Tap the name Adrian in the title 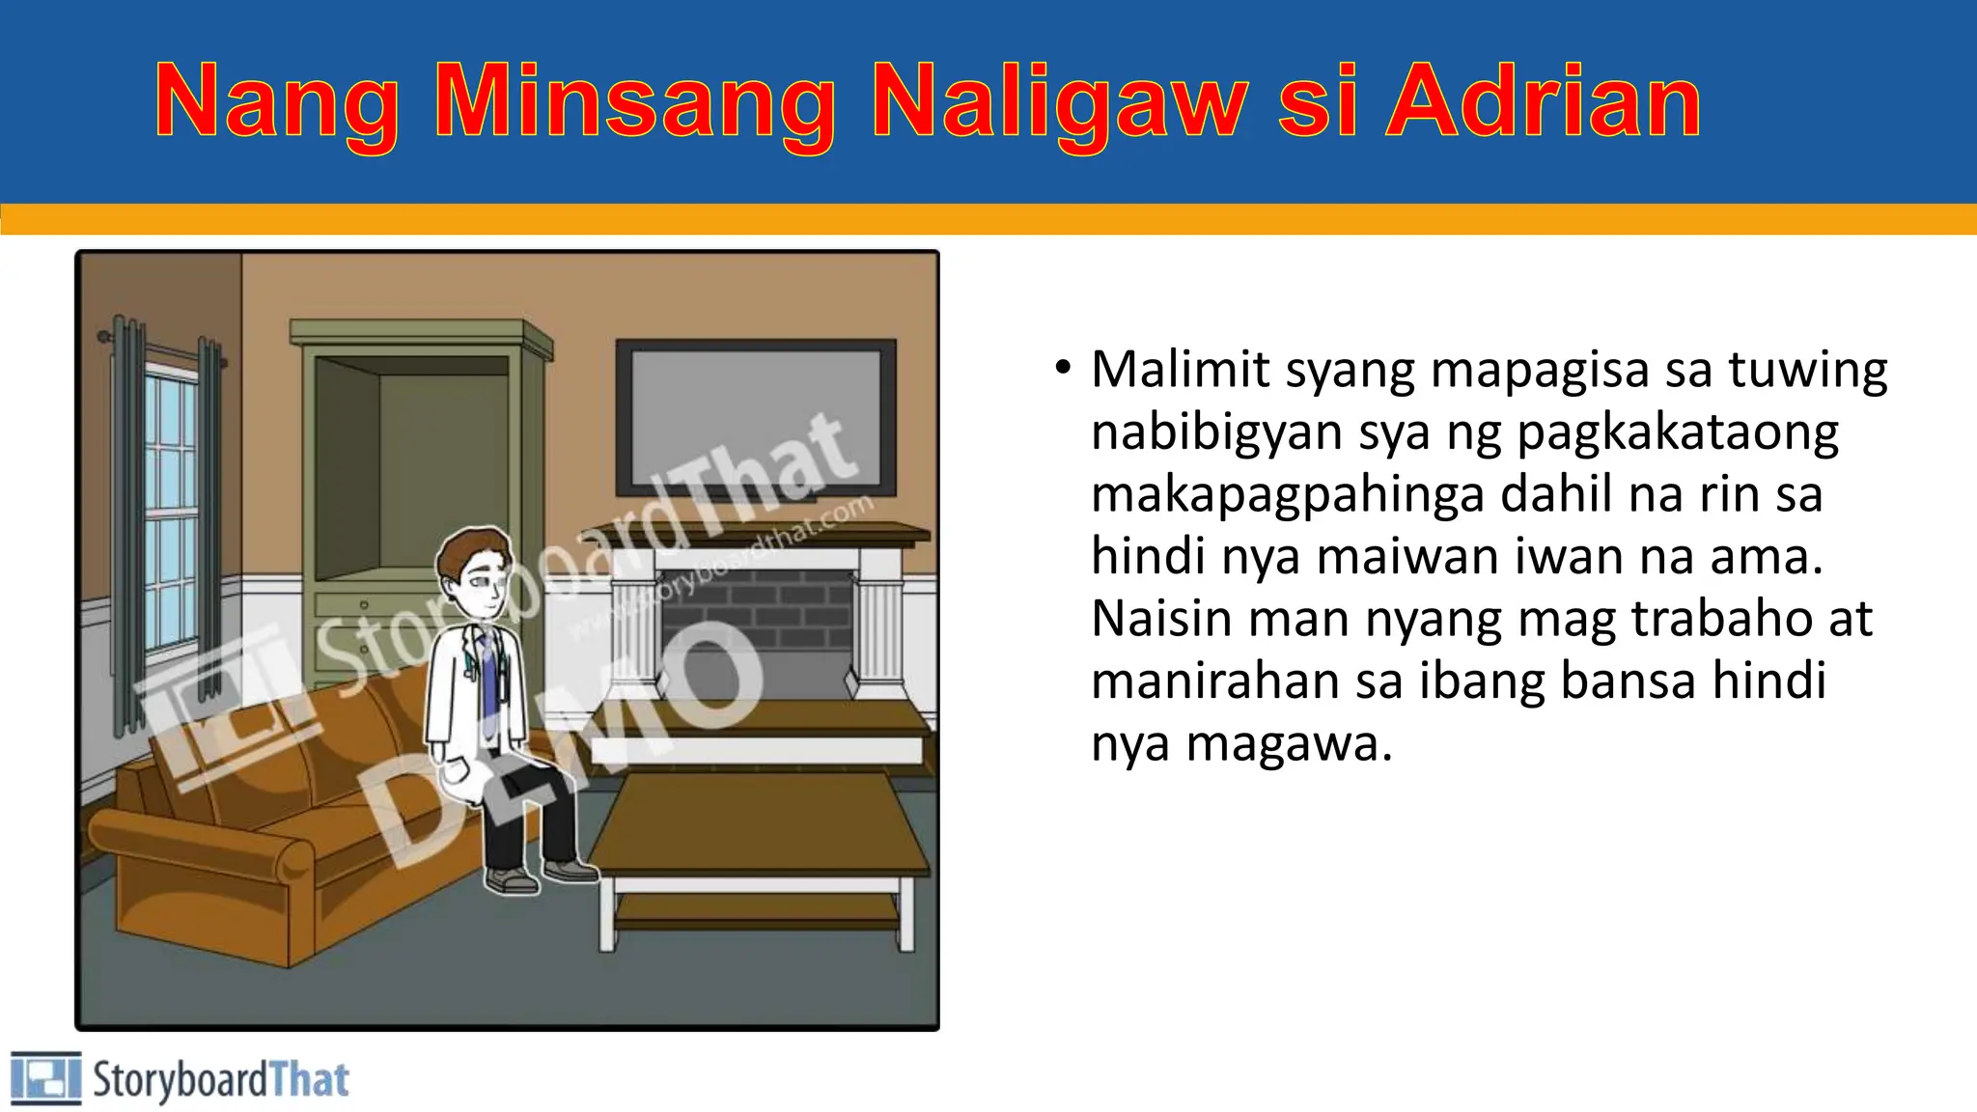tap(1544, 102)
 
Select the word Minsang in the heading tap(635, 102)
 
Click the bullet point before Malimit tap(1063, 368)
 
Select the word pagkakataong tap(1678, 432)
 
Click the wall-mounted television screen tap(756, 415)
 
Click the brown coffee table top tap(758, 820)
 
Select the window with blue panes tap(170, 512)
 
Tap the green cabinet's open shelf tap(415, 463)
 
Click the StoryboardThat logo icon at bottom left tap(45, 1078)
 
